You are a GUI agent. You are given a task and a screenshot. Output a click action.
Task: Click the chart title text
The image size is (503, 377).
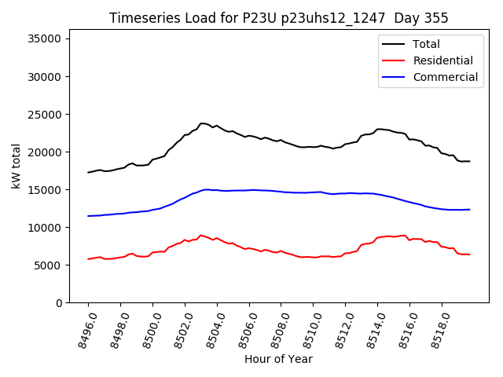(x=277, y=18)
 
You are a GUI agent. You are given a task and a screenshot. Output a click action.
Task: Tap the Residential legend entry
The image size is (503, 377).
(x=442, y=60)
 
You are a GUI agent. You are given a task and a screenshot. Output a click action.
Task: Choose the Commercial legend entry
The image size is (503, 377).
(x=445, y=77)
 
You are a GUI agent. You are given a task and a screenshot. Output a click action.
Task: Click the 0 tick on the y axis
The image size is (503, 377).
(x=59, y=302)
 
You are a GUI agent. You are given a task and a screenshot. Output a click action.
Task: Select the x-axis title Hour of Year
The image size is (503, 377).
(x=277, y=359)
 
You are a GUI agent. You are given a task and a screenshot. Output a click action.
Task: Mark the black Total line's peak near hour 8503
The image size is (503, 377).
(x=203, y=123)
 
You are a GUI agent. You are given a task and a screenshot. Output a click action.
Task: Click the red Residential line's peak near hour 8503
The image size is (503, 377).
(x=200, y=235)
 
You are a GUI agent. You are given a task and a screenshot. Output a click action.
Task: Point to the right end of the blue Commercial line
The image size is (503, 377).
(x=469, y=209)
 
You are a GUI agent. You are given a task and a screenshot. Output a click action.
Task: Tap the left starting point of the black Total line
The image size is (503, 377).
(x=88, y=172)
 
